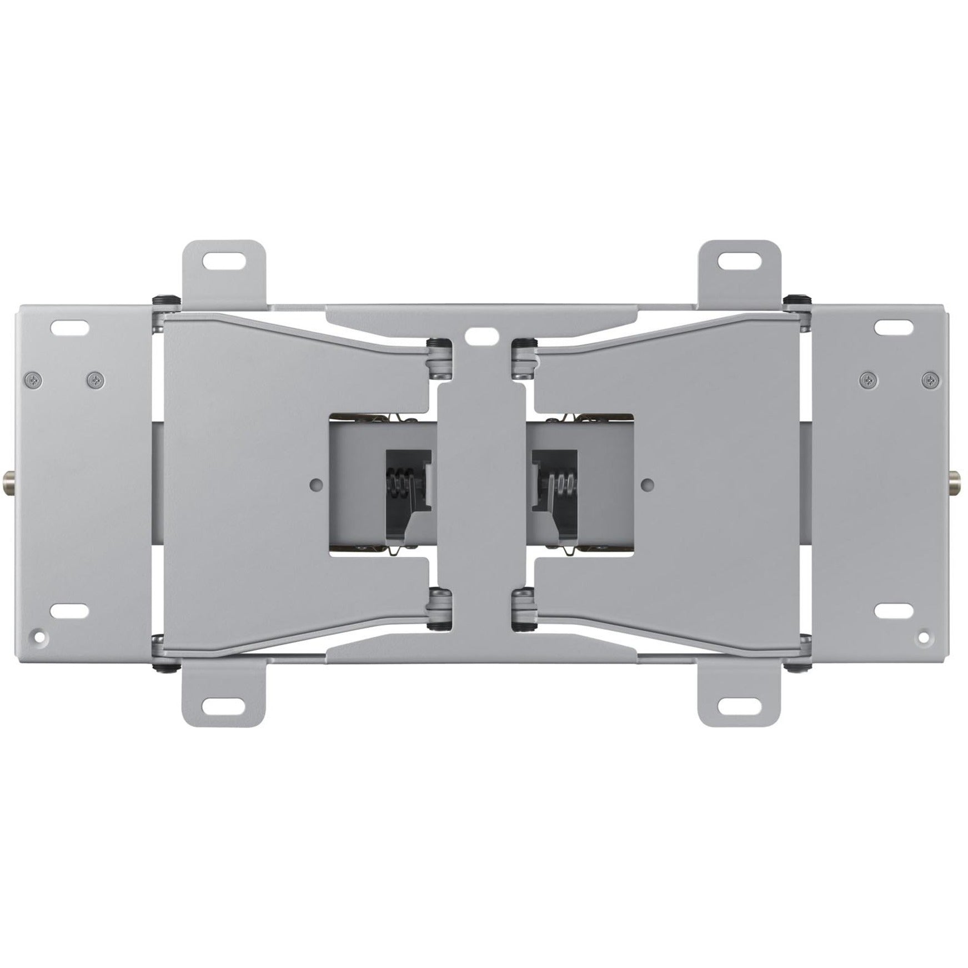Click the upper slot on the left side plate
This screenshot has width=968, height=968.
coord(70,325)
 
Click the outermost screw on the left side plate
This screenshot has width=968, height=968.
coord(33,380)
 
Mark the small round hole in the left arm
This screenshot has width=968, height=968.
coord(317,484)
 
